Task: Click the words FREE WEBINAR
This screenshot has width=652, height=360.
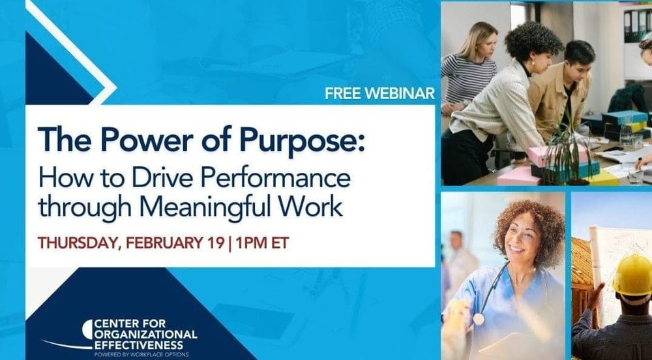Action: point(379,93)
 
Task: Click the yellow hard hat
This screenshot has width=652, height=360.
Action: point(632,275)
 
